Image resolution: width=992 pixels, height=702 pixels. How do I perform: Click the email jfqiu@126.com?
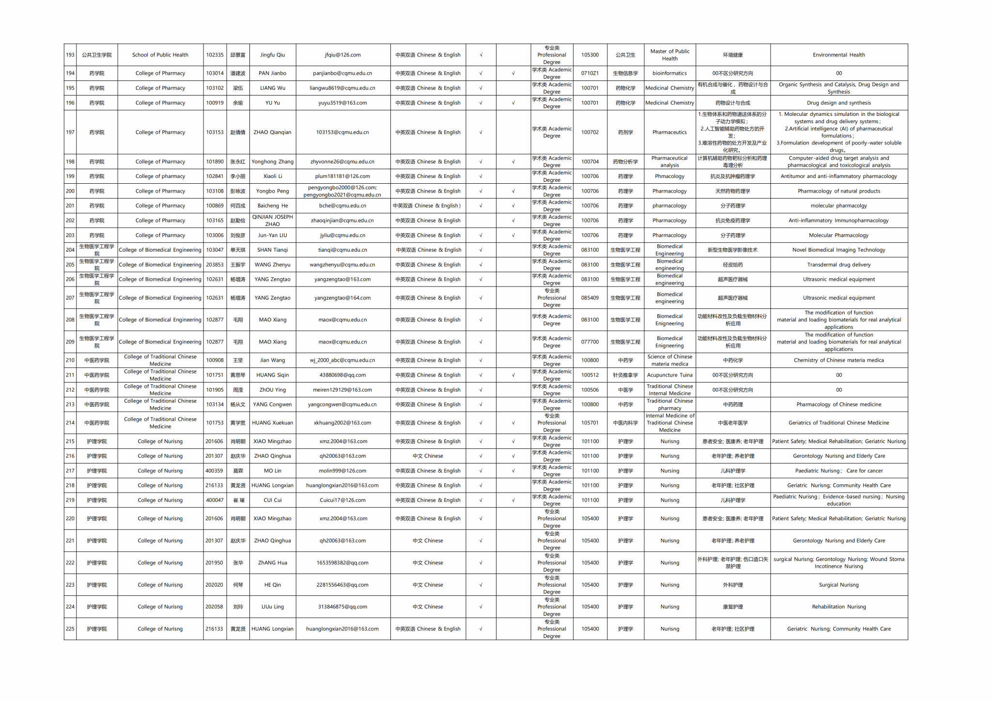tap(342, 55)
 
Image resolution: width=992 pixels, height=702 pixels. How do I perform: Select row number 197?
tap(70, 132)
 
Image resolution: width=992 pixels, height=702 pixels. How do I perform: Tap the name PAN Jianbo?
tap(272, 73)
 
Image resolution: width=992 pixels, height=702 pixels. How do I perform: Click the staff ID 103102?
tap(215, 88)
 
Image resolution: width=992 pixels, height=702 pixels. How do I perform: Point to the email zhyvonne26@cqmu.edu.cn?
tap(342, 162)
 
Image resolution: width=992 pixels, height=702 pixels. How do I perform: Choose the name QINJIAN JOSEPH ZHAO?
tap(272, 221)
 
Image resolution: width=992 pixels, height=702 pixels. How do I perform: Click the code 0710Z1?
tap(589, 73)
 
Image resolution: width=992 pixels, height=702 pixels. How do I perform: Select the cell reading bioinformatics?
tap(669, 73)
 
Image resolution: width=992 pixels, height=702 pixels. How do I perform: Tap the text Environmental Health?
tap(838, 55)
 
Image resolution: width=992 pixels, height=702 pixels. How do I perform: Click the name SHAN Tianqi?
tap(272, 250)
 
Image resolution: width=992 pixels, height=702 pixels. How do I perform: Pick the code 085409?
tap(589, 298)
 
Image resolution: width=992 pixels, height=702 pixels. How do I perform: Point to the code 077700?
tap(589, 342)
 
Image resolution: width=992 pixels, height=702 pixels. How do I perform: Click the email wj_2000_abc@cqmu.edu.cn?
tap(342, 360)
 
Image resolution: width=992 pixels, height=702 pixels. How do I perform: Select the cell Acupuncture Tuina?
tap(669, 375)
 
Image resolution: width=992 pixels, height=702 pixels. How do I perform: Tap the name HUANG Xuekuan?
tap(272, 423)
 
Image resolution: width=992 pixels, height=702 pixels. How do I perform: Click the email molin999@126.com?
tap(342, 471)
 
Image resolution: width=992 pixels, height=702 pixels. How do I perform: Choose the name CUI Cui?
tap(272, 500)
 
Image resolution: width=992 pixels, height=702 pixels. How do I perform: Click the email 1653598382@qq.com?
tap(342, 563)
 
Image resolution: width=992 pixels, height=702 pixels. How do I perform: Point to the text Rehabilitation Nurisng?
tap(838, 607)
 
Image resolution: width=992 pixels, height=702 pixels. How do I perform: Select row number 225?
tap(70, 629)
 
